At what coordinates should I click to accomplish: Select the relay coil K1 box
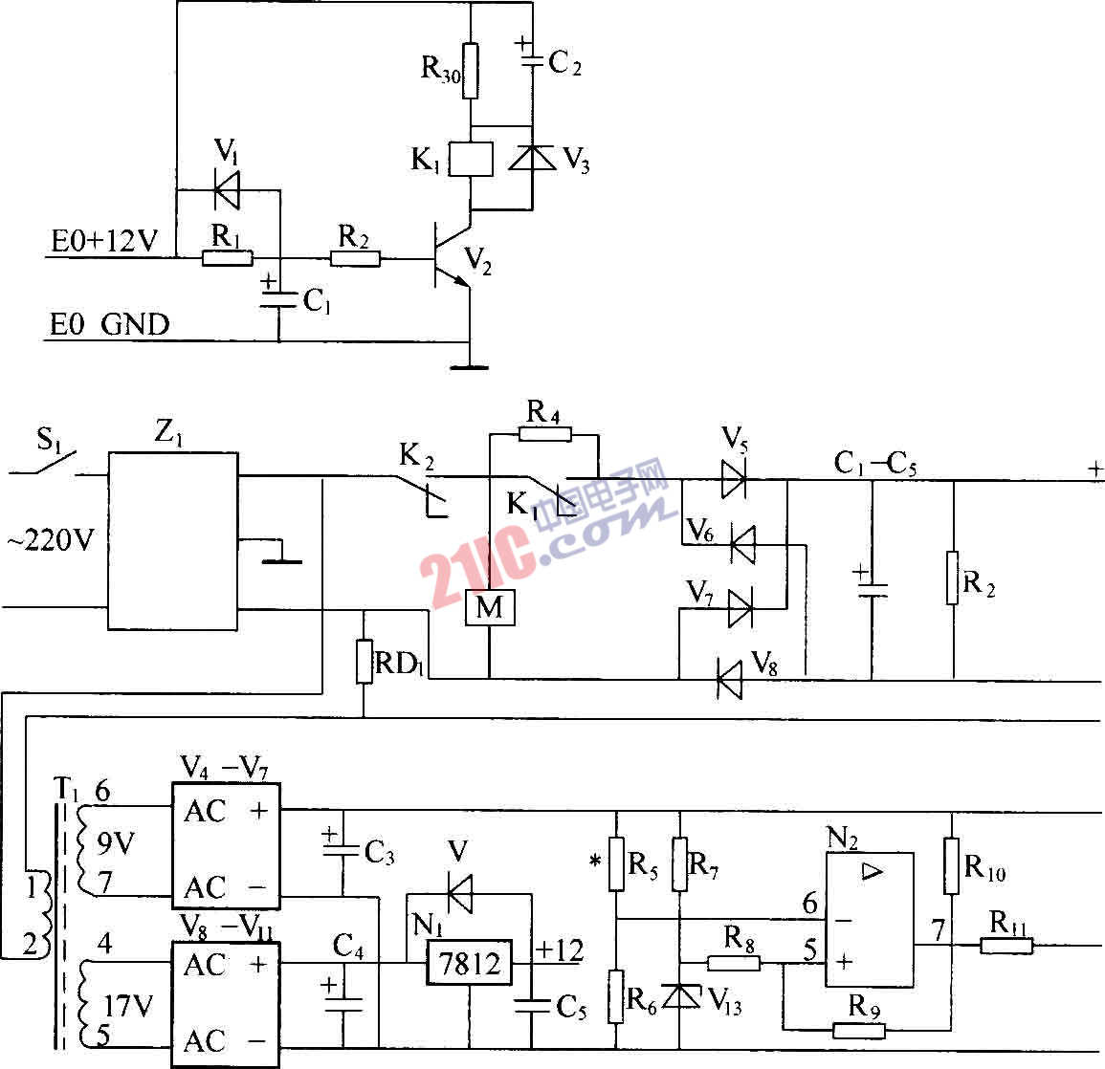pos(472,159)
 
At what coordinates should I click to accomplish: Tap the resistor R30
pos(470,71)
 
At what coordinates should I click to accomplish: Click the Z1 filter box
pos(172,540)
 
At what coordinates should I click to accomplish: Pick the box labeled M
pos(489,608)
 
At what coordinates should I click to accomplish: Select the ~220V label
pos(52,541)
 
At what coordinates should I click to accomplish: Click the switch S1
pos(54,461)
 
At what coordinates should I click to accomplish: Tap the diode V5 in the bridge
pos(734,479)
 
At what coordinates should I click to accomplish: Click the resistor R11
pos(1006,946)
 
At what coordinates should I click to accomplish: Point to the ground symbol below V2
pos(469,363)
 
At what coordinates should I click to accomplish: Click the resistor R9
pos(858,1031)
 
